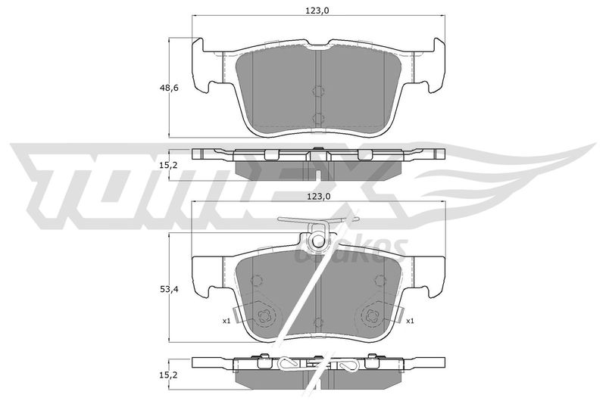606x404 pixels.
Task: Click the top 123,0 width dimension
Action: (317, 11)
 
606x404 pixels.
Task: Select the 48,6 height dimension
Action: (169, 88)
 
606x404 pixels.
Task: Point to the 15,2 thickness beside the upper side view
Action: (169, 165)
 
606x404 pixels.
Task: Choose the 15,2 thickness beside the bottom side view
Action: (169, 374)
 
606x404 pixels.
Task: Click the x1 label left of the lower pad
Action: (226, 321)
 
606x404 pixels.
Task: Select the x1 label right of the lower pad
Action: (410, 321)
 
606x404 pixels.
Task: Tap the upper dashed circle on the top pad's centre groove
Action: (317, 91)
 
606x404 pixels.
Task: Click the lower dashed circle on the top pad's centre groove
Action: (317, 119)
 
